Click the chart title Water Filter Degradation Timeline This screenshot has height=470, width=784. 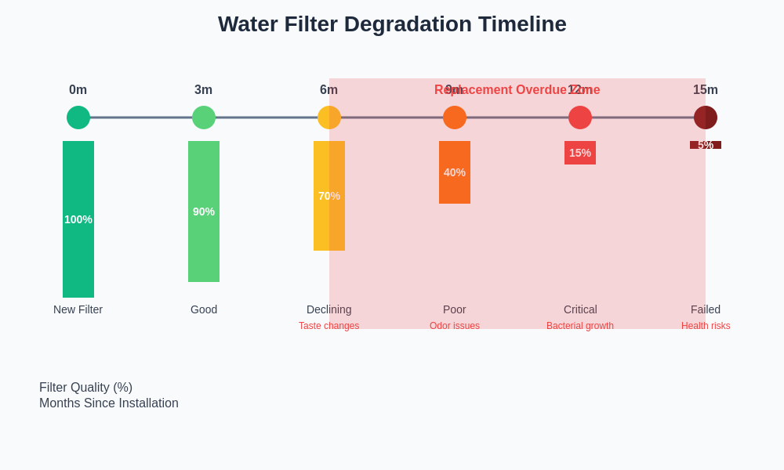click(392, 24)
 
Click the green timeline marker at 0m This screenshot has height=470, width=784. click(78, 117)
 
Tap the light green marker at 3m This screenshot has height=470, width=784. click(204, 117)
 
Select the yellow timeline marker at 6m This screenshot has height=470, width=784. click(329, 117)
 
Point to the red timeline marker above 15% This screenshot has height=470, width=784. click(580, 117)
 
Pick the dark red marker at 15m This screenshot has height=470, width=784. click(706, 117)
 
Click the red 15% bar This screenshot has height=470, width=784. click(580, 153)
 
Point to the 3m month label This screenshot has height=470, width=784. click(204, 90)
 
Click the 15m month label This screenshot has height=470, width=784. click(706, 90)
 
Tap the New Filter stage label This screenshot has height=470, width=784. click(78, 309)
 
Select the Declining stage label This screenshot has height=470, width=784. click(329, 309)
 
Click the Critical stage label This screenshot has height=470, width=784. click(580, 309)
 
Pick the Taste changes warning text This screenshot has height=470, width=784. click(329, 326)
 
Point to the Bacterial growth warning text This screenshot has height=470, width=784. click(580, 326)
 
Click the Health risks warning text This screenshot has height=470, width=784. click(706, 326)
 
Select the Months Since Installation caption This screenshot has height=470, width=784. click(109, 403)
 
